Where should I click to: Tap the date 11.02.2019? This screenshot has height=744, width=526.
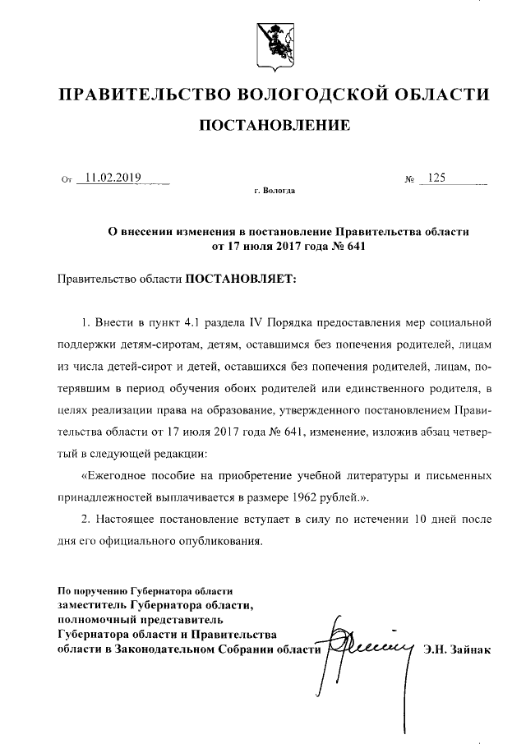(x=109, y=177)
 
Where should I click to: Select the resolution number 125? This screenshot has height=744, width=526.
(x=436, y=177)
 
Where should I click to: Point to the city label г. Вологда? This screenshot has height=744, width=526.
(x=275, y=191)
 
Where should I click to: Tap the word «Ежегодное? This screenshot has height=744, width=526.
(x=117, y=476)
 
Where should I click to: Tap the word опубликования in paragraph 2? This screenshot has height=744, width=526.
(x=221, y=541)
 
